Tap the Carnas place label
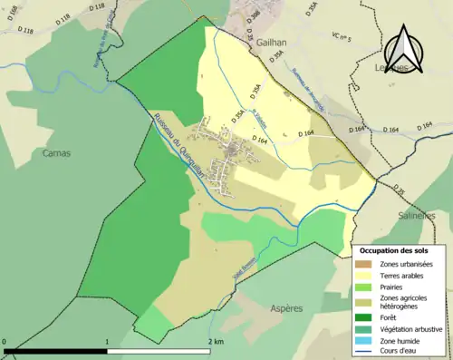coord(56,153)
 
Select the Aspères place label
coord(287,308)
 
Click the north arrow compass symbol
coord(403,52)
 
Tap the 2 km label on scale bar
coord(215,341)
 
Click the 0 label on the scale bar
coord(5,341)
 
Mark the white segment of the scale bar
coord(161,351)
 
